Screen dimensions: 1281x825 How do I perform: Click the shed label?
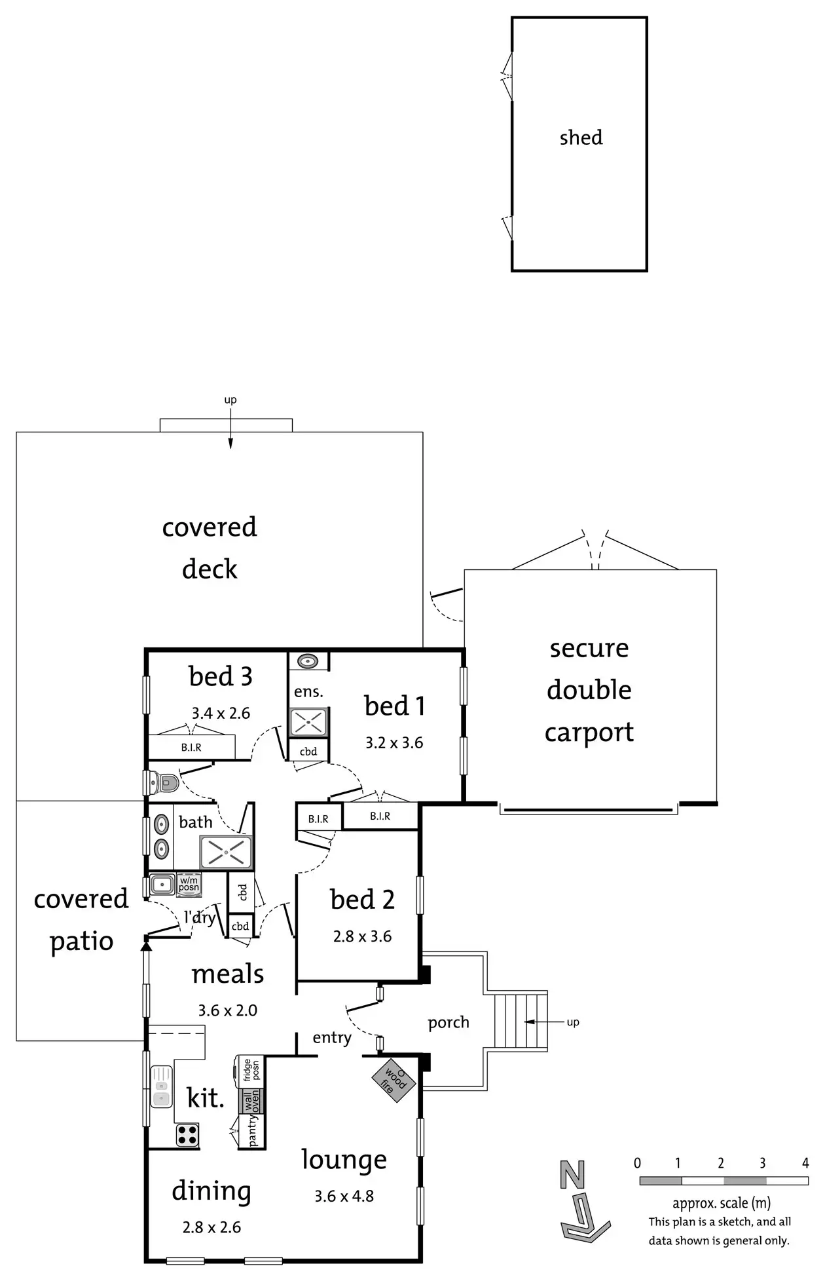click(581, 138)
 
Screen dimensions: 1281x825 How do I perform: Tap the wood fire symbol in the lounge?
click(394, 1080)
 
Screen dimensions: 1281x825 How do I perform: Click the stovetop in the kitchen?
click(187, 1135)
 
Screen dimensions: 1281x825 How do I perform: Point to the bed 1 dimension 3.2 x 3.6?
click(394, 743)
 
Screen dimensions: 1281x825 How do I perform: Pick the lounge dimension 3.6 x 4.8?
click(344, 1196)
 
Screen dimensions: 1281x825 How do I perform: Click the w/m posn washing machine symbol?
click(189, 885)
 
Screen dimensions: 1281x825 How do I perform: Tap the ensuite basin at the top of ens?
click(308, 661)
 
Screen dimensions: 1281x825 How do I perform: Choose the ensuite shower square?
click(308, 723)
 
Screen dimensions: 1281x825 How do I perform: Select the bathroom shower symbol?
click(226, 852)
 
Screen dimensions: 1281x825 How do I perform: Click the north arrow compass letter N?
click(572, 1176)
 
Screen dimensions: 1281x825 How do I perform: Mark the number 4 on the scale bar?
click(805, 1163)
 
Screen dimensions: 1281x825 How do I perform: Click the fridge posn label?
click(251, 1069)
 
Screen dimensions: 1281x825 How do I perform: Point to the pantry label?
click(253, 1130)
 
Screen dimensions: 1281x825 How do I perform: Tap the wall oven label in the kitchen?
click(251, 1100)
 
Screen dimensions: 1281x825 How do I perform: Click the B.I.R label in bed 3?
click(191, 747)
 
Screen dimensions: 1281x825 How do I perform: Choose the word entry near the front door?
click(332, 1037)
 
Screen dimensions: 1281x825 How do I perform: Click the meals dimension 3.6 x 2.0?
click(227, 1010)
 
